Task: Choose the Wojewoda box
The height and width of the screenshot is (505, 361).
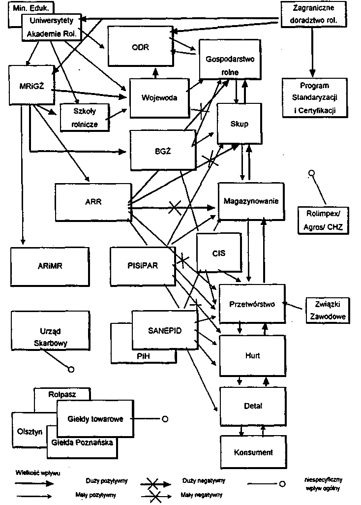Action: tap(159, 97)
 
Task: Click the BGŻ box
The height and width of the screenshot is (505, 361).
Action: tap(162, 150)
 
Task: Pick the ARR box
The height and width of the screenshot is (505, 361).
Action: tap(93, 202)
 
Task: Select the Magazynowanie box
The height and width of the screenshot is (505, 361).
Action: tap(251, 201)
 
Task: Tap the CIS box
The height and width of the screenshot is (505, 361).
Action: tap(218, 253)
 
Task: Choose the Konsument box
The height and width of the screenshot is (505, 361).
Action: tap(253, 452)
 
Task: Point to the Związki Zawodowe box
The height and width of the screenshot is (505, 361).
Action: tap(327, 310)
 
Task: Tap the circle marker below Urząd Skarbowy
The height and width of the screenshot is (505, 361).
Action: tap(71, 369)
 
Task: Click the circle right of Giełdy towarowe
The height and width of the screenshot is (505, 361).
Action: tap(165, 419)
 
